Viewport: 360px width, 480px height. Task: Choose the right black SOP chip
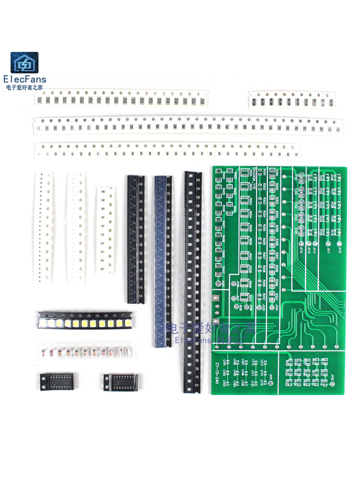click(120, 382)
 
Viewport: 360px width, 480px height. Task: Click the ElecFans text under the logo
click(24, 79)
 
